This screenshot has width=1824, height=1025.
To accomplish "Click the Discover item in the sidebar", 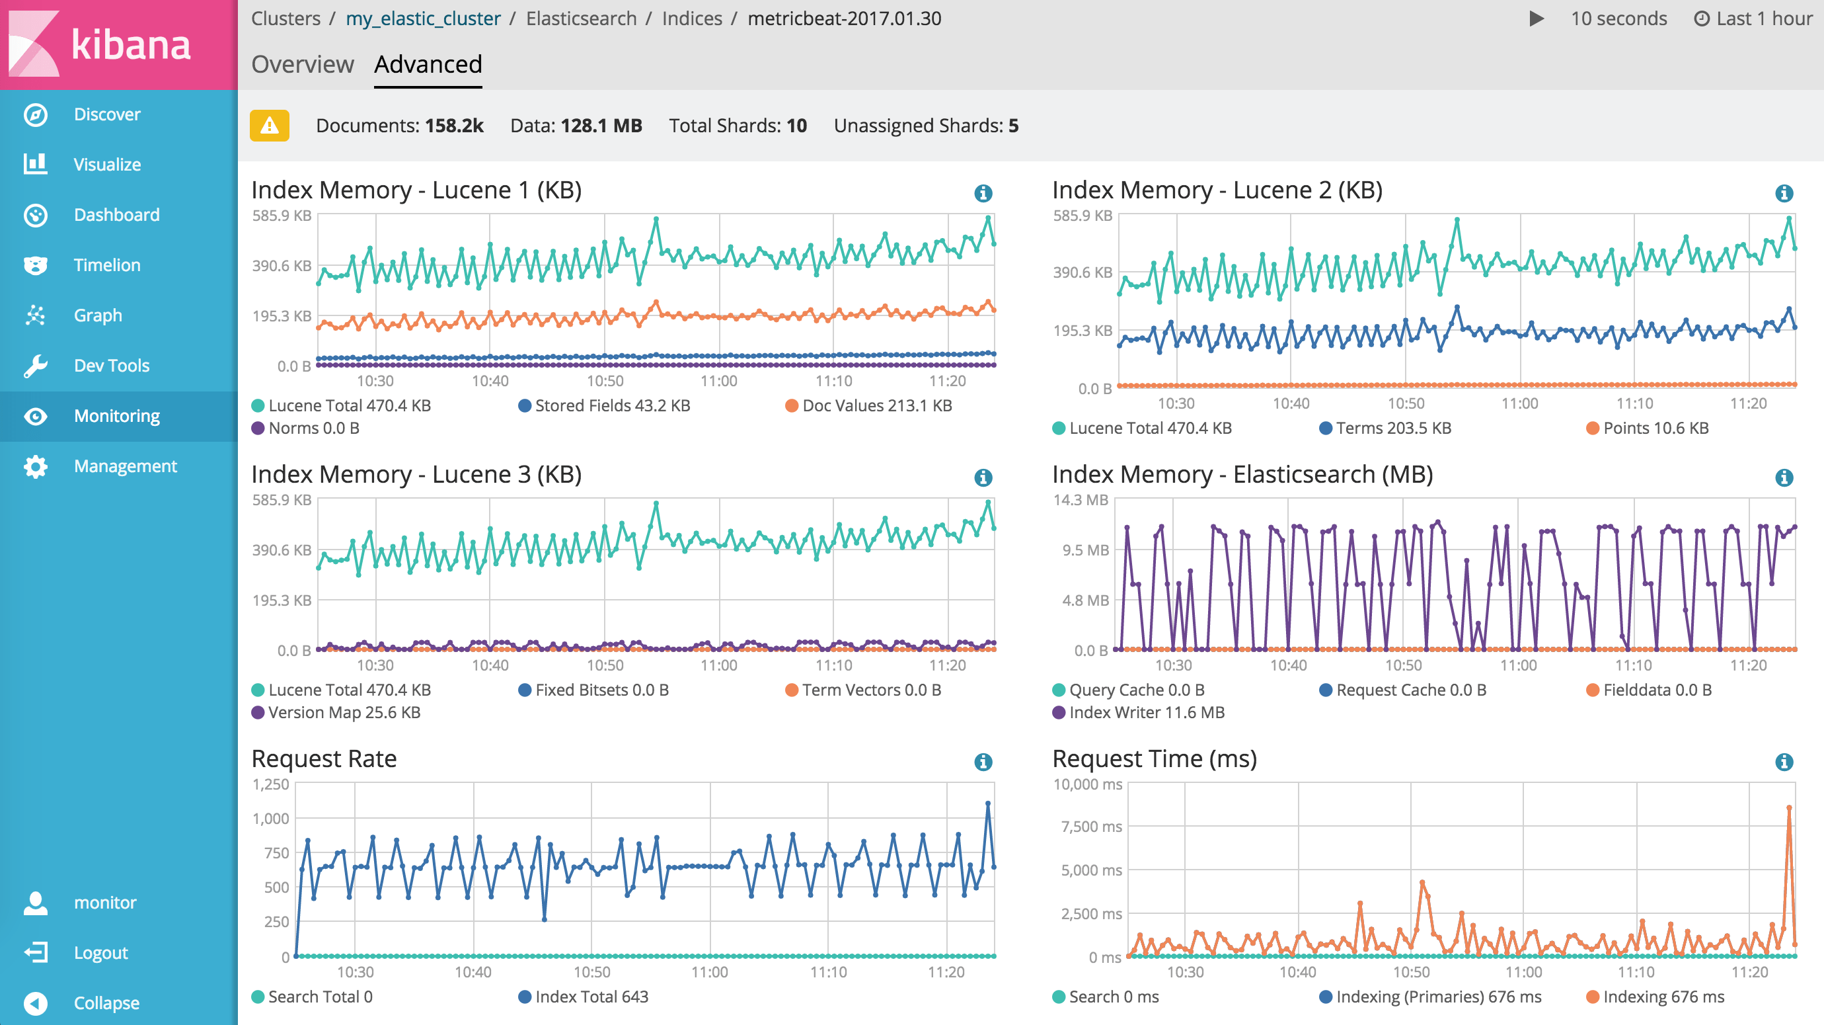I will tap(106, 115).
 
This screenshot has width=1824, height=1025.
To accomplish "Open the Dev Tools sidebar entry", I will tap(111, 366).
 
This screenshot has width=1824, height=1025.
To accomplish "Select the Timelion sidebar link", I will tap(106, 265).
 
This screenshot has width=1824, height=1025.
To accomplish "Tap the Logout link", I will tap(100, 953).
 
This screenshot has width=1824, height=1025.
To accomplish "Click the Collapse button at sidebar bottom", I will tap(106, 1003).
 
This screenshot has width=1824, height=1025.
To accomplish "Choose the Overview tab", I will tap(303, 64).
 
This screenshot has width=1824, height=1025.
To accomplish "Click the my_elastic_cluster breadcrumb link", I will tap(423, 19).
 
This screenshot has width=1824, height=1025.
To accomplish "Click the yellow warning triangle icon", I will tap(269, 126).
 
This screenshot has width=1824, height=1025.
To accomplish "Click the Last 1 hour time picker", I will tap(1753, 19).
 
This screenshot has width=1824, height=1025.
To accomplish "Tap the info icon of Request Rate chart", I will tap(983, 762).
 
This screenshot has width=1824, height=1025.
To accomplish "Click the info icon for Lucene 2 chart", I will tap(1784, 192).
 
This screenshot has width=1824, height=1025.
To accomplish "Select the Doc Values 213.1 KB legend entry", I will tap(876, 406).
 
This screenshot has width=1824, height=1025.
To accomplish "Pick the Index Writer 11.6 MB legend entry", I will tap(1146, 713).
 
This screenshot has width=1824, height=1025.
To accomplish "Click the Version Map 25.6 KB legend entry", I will tap(344, 713).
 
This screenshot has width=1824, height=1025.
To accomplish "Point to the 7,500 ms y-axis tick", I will tap(1090, 827).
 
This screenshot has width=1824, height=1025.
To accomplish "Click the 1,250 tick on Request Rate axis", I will tap(270, 785).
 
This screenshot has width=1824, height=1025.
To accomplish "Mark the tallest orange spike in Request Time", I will tap(1788, 807).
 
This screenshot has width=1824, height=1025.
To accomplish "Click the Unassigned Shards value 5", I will tap(1013, 126).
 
